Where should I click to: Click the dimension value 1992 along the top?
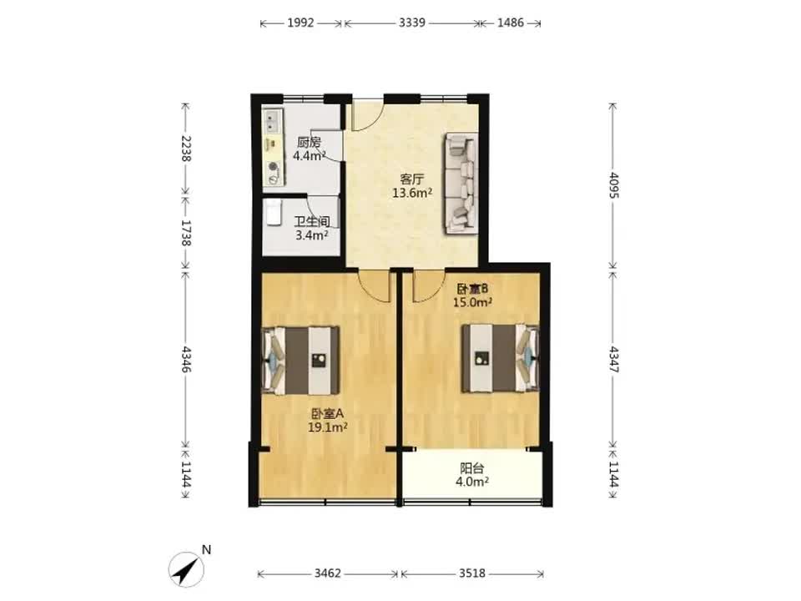coord(300,23)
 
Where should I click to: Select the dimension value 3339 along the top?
coord(411,23)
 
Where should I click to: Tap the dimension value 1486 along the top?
coord(511,23)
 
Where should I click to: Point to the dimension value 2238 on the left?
coord(185,149)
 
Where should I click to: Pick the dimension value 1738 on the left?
coord(185,233)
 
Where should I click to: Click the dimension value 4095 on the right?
coord(613,185)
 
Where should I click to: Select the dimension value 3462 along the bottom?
coord(327,573)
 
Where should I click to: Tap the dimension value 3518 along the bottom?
coord(472,573)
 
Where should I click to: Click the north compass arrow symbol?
coord(186,569)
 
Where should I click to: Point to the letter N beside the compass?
coord(206,550)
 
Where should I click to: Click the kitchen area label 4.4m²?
coord(309,155)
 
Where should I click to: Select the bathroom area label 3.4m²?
coord(311,235)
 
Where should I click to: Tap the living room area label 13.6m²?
coord(412,193)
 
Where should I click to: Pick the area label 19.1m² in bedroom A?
coord(327,427)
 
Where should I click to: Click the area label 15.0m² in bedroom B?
coord(472,302)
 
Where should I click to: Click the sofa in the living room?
coord(461,184)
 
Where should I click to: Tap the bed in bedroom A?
coord(301,361)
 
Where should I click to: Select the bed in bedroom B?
coord(501,358)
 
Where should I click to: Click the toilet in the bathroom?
coord(274,211)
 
